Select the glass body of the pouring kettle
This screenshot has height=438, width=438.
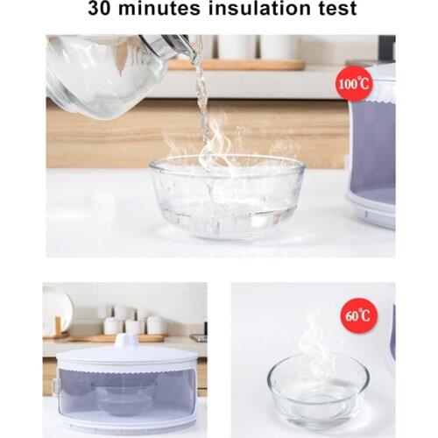coord(95,75)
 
